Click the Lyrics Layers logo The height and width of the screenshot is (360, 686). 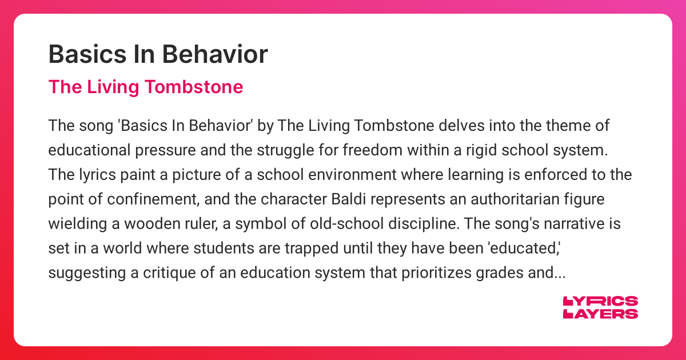click(x=600, y=307)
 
